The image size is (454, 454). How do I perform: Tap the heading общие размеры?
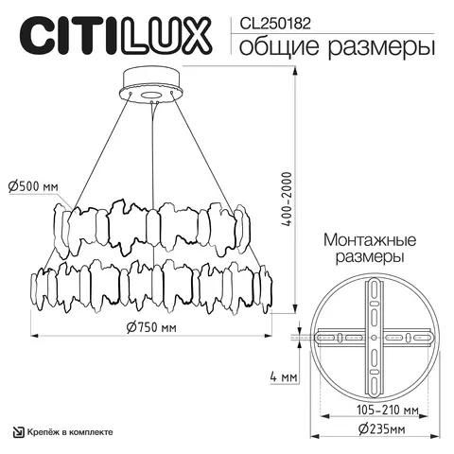tap(336, 45)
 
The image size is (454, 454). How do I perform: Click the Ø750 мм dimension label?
tap(152, 328)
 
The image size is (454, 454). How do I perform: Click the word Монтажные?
tap(365, 240)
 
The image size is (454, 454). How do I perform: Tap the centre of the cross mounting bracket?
tap(375, 337)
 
